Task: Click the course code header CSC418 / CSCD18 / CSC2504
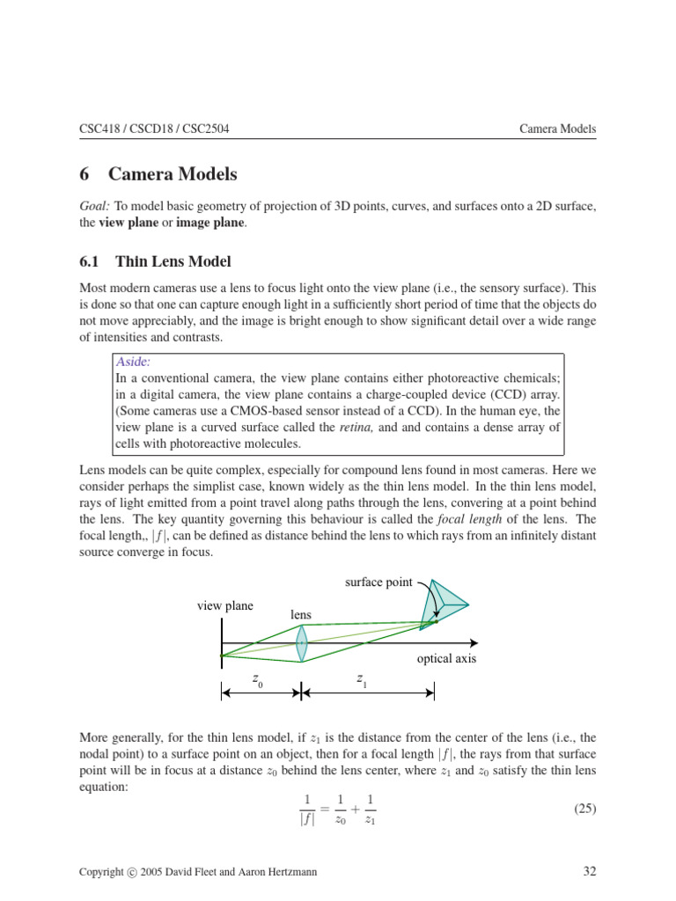[x=155, y=128]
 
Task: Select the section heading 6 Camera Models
[x=158, y=174]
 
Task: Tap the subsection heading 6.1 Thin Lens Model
[x=155, y=261]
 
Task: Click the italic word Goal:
[x=94, y=205]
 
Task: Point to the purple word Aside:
[x=134, y=362]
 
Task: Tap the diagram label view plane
[x=224, y=605]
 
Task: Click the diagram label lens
[x=300, y=613]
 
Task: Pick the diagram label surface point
[x=378, y=582]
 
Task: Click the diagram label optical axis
[x=446, y=659]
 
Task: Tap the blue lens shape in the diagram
[x=302, y=642]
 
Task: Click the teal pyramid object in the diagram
[x=444, y=604]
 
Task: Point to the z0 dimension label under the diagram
[x=257, y=680]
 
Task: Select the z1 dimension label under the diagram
[x=362, y=680]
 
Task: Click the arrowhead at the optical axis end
[x=474, y=642]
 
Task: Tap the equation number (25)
[x=581, y=809]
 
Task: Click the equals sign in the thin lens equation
[x=324, y=809]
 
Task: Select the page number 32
[x=590, y=872]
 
